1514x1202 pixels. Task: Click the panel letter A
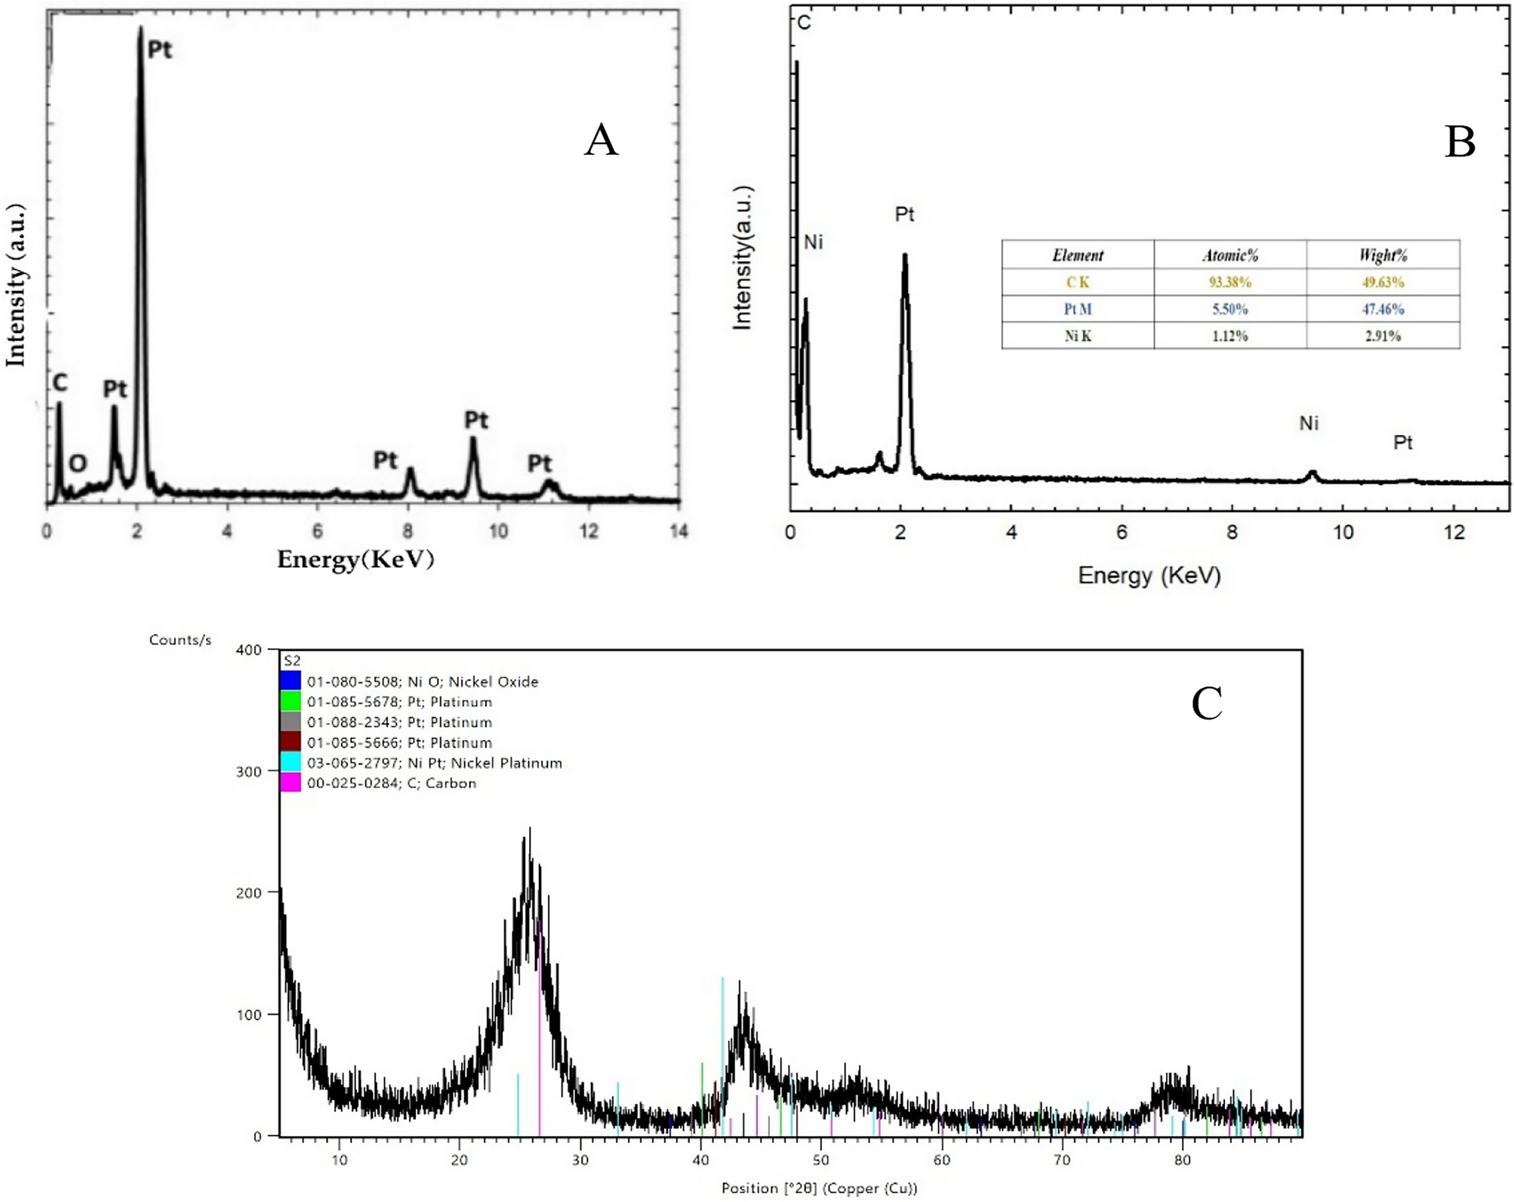[601, 140]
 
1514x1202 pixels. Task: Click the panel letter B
[1460, 142]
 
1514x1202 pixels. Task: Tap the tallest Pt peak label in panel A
[159, 50]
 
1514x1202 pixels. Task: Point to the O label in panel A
[78, 463]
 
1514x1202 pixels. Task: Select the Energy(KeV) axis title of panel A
[355, 559]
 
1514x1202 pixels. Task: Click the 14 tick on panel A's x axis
[679, 532]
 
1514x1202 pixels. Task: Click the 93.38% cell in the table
[1229, 282]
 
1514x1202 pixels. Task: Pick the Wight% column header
[1383, 255]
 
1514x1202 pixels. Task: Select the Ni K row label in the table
[1077, 336]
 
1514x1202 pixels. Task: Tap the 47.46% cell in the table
[1383, 309]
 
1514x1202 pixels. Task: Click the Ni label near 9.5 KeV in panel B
[1308, 424]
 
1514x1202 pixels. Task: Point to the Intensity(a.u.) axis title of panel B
[743, 257]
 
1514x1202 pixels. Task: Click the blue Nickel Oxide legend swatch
[291, 681]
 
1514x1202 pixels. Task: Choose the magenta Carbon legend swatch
[291, 783]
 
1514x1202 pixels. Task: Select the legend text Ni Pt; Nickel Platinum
[434, 763]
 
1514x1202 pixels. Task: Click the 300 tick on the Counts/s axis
[248, 772]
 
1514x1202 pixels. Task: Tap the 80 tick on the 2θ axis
[1182, 1160]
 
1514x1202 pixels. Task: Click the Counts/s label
[180, 640]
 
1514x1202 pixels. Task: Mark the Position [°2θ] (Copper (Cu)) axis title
[819, 1188]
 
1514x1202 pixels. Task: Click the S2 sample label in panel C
[292, 661]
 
